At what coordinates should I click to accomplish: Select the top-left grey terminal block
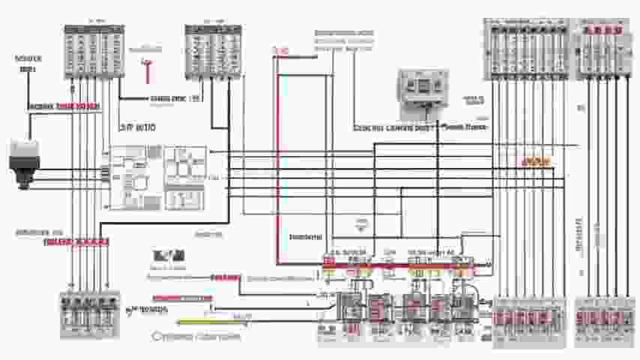point(93,52)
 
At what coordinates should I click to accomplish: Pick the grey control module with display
point(423,93)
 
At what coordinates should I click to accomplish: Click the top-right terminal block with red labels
point(604,49)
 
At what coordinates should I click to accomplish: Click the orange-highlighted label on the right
point(535,161)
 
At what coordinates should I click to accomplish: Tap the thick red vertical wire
point(276,157)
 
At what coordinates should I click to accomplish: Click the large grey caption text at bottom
point(196,337)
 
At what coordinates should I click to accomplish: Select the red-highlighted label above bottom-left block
point(76,242)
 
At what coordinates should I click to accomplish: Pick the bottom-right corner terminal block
point(604,322)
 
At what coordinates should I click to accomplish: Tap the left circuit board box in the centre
point(133,177)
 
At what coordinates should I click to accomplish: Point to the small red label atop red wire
point(282,50)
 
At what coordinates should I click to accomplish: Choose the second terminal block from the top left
point(213,50)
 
